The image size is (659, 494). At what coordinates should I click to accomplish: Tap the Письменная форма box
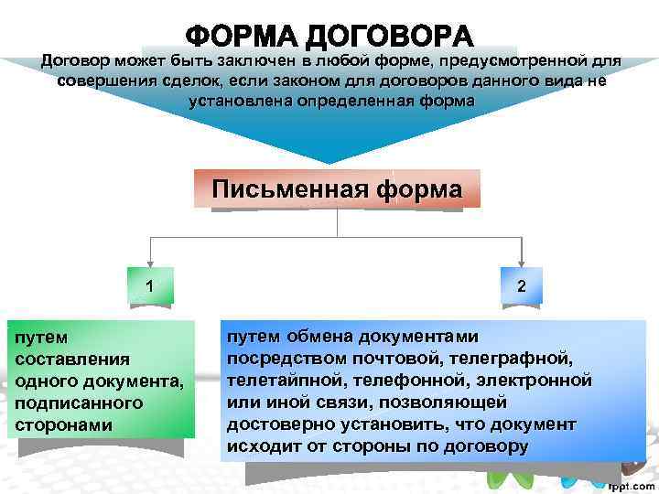coord(337,190)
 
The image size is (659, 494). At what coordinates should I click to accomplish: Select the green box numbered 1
coord(149,286)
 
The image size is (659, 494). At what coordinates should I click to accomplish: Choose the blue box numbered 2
coord(521,286)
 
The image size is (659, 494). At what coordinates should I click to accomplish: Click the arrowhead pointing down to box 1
coord(149,263)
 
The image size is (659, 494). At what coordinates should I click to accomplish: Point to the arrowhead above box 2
coord(521,263)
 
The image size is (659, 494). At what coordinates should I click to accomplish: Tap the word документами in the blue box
coord(428,336)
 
